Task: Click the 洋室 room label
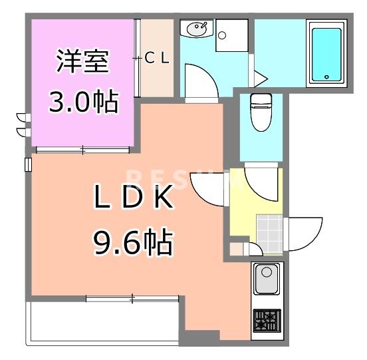[x=82, y=63]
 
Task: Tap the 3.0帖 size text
[x=82, y=102]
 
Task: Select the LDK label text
[x=133, y=199]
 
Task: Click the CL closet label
[x=157, y=58]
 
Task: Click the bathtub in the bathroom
[x=326, y=53]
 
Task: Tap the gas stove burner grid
[x=267, y=321]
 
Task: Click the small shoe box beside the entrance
[x=237, y=250]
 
